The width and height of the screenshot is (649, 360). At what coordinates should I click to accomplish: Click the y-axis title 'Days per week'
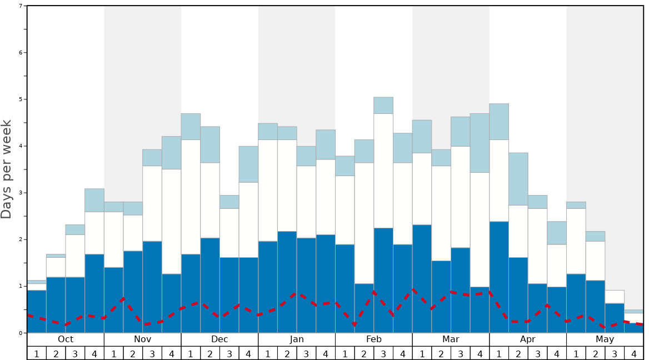coord(7,169)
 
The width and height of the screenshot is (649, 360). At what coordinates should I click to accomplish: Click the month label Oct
coord(66,339)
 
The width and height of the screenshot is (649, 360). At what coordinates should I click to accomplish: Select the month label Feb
coord(374,339)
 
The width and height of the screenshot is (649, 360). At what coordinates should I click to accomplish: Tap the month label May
coord(605,339)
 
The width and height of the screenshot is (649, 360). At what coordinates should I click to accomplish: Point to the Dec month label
coord(219,339)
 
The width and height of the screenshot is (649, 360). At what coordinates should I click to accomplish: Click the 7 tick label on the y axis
coord(21,6)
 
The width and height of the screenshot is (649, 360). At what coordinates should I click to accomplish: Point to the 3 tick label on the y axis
coord(21,193)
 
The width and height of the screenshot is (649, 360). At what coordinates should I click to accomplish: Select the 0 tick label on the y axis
coord(21,333)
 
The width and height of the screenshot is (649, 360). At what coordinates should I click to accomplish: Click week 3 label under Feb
coord(383,353)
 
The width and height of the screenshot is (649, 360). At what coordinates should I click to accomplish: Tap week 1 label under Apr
coord(499,353)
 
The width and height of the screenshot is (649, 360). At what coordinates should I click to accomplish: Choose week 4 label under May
coord(634,353)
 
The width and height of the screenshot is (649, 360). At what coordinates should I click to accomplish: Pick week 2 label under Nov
coord(133,353)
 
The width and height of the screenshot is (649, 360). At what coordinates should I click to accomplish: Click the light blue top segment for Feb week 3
coord(383,106)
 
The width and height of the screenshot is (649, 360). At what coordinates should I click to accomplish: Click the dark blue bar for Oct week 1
coord(37,311)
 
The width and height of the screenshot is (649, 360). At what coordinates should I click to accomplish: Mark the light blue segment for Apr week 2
coord(518,179)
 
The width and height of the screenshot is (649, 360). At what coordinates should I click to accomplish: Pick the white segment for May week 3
coord(615,297)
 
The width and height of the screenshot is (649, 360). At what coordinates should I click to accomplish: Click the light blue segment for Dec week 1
coord(191,127)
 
